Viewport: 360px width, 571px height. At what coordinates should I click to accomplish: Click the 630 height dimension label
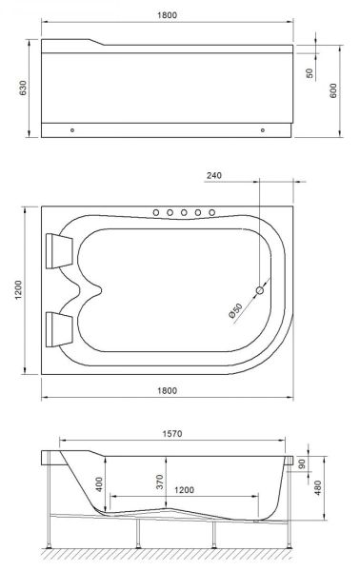coord(23,88)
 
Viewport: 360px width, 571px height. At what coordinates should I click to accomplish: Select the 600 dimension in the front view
coord(333,90)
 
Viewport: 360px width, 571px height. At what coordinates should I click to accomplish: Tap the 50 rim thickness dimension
coord(310,73)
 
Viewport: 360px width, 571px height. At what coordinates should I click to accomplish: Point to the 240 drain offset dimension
coord(214,175)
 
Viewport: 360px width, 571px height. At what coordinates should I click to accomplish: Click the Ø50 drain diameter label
coord(236,310)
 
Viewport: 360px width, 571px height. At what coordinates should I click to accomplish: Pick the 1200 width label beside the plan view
coord(18,290)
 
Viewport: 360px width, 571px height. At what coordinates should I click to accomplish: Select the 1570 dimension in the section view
coord(172,434)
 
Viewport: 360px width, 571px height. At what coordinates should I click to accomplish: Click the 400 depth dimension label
coord(99,484)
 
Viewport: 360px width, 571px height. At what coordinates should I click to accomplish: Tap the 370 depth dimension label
coord(160,482)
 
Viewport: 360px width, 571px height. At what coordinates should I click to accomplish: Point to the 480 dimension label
coord(318,488)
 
